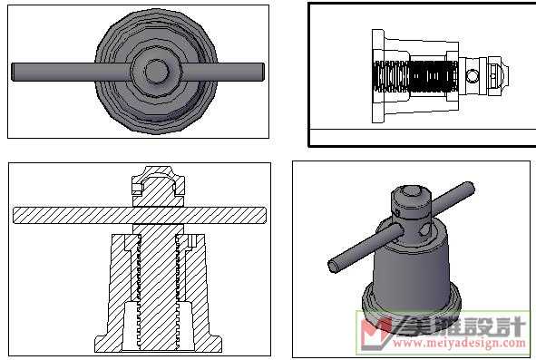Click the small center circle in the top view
tap(157, 72)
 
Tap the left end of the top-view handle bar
tap(13, 72)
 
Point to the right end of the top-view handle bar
tap(263, 72)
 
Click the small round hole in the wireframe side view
tap(473, 76)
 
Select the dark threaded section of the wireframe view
tap(415, 76)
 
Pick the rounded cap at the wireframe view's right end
tap(500, 76)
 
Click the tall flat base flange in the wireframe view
tap(377, 76)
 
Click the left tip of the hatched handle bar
tap(14, 216)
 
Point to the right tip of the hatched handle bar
tap(265, 216)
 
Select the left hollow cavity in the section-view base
tap(130, 326)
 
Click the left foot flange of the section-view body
tap(102, 344)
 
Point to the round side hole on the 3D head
tap(425, 229)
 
